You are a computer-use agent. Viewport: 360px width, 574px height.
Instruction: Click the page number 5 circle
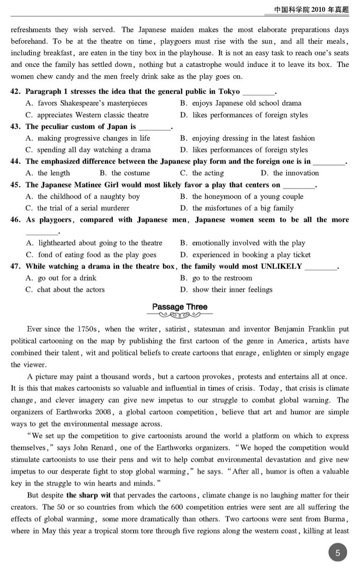338,552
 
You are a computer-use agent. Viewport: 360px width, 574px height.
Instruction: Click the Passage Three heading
180,307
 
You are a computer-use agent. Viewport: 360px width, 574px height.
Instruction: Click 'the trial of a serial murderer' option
78,208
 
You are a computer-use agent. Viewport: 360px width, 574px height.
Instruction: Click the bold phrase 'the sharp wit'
88,495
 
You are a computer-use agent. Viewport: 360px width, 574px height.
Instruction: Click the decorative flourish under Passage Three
180,315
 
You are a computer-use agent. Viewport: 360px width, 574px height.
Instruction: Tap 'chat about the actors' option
65,290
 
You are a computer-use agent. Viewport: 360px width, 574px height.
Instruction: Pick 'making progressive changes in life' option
88,138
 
